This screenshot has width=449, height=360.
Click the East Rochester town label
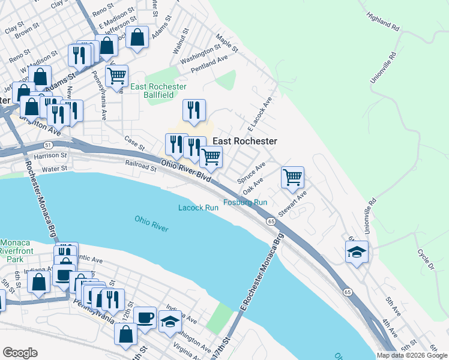click(245, 141)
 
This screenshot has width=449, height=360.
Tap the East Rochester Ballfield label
click(152, 91)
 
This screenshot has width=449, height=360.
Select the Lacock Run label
click(198, 208)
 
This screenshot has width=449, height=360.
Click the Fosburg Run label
click(246, 202)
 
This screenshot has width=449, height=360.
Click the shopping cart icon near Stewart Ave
click(292, 177)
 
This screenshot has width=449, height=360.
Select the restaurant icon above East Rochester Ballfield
click(194, 110)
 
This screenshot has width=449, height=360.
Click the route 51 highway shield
click(47, 145)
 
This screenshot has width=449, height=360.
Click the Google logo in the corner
click(20, 353)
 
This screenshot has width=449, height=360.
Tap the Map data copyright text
click(412, 355)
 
